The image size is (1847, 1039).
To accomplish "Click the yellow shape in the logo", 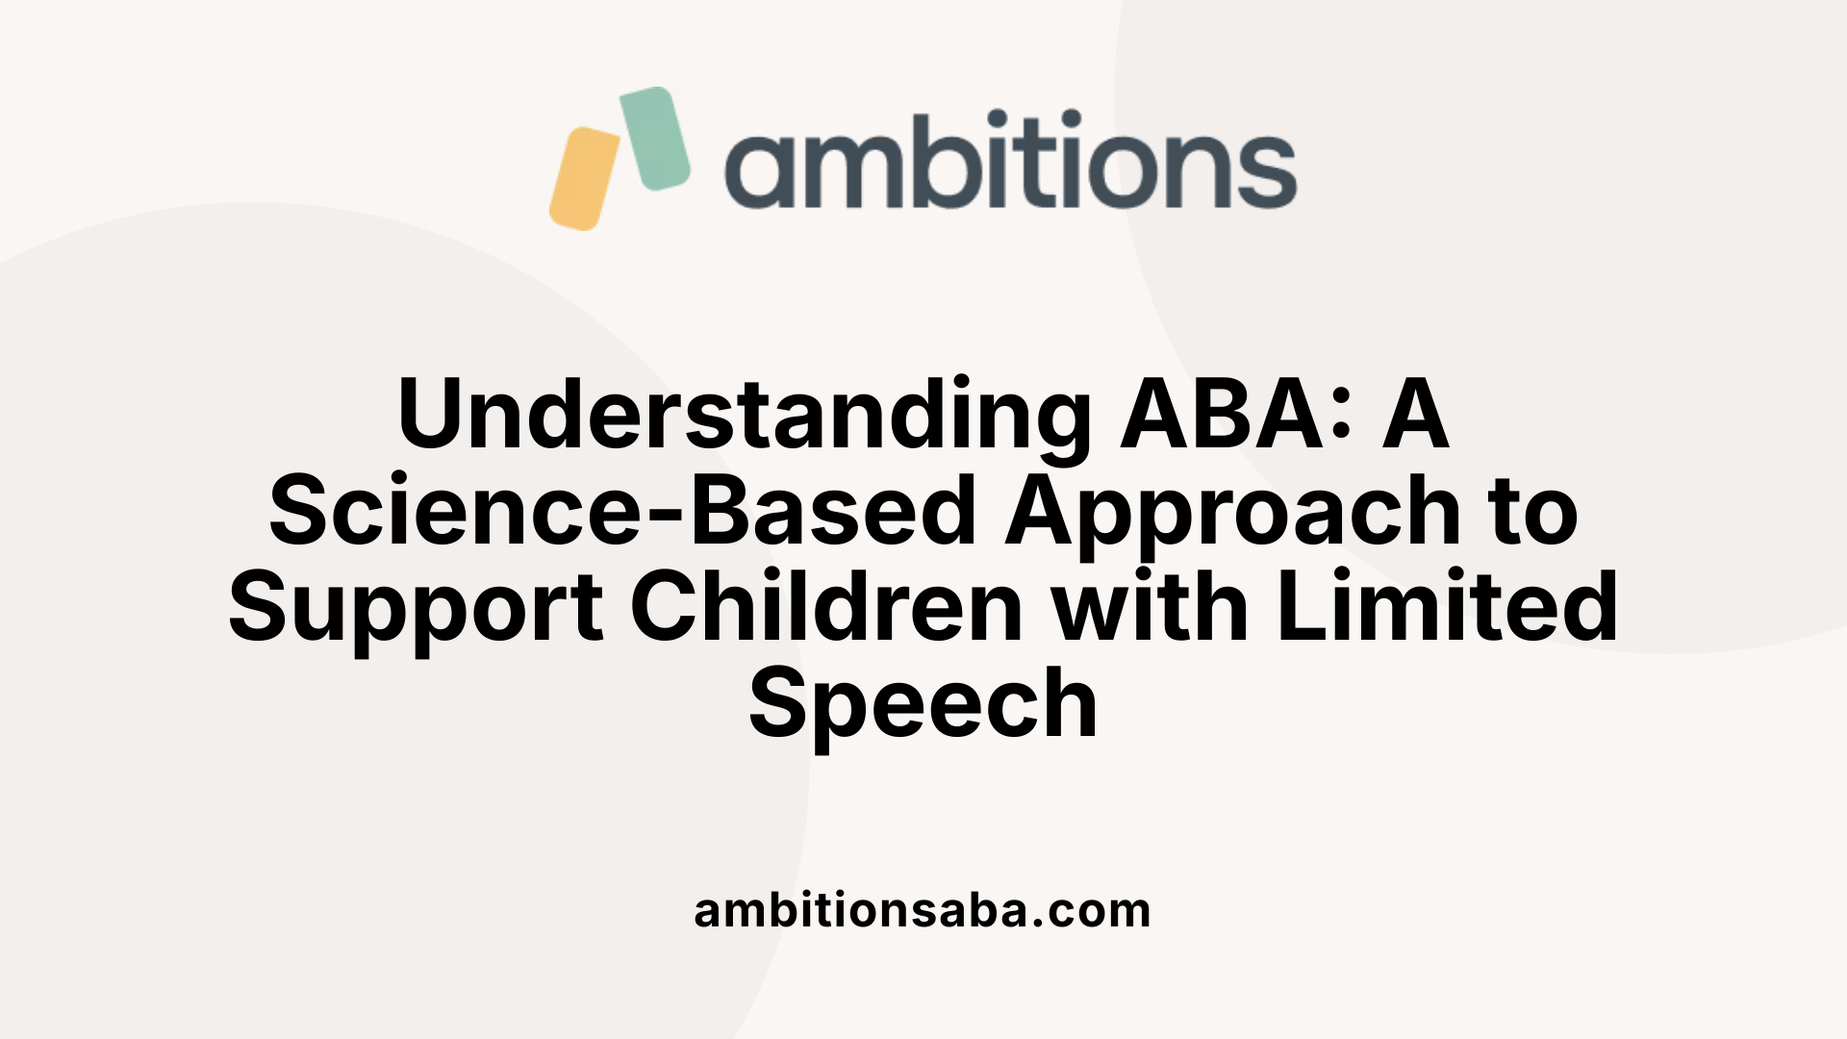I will click(x=584, y=179).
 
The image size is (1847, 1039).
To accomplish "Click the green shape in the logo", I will click(x=654, y=138).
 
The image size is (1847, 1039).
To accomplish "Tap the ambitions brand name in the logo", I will click(x=1010, y=161).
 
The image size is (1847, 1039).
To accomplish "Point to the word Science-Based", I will click(x=622, y=511).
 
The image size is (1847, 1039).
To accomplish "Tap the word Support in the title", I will click(x=416, y=607).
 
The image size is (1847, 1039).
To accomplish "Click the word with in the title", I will click(x=1150, y=607).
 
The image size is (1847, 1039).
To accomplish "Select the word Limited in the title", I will click(x=1448, y=607).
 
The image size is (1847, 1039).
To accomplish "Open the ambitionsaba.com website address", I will click(x=923, y=910).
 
